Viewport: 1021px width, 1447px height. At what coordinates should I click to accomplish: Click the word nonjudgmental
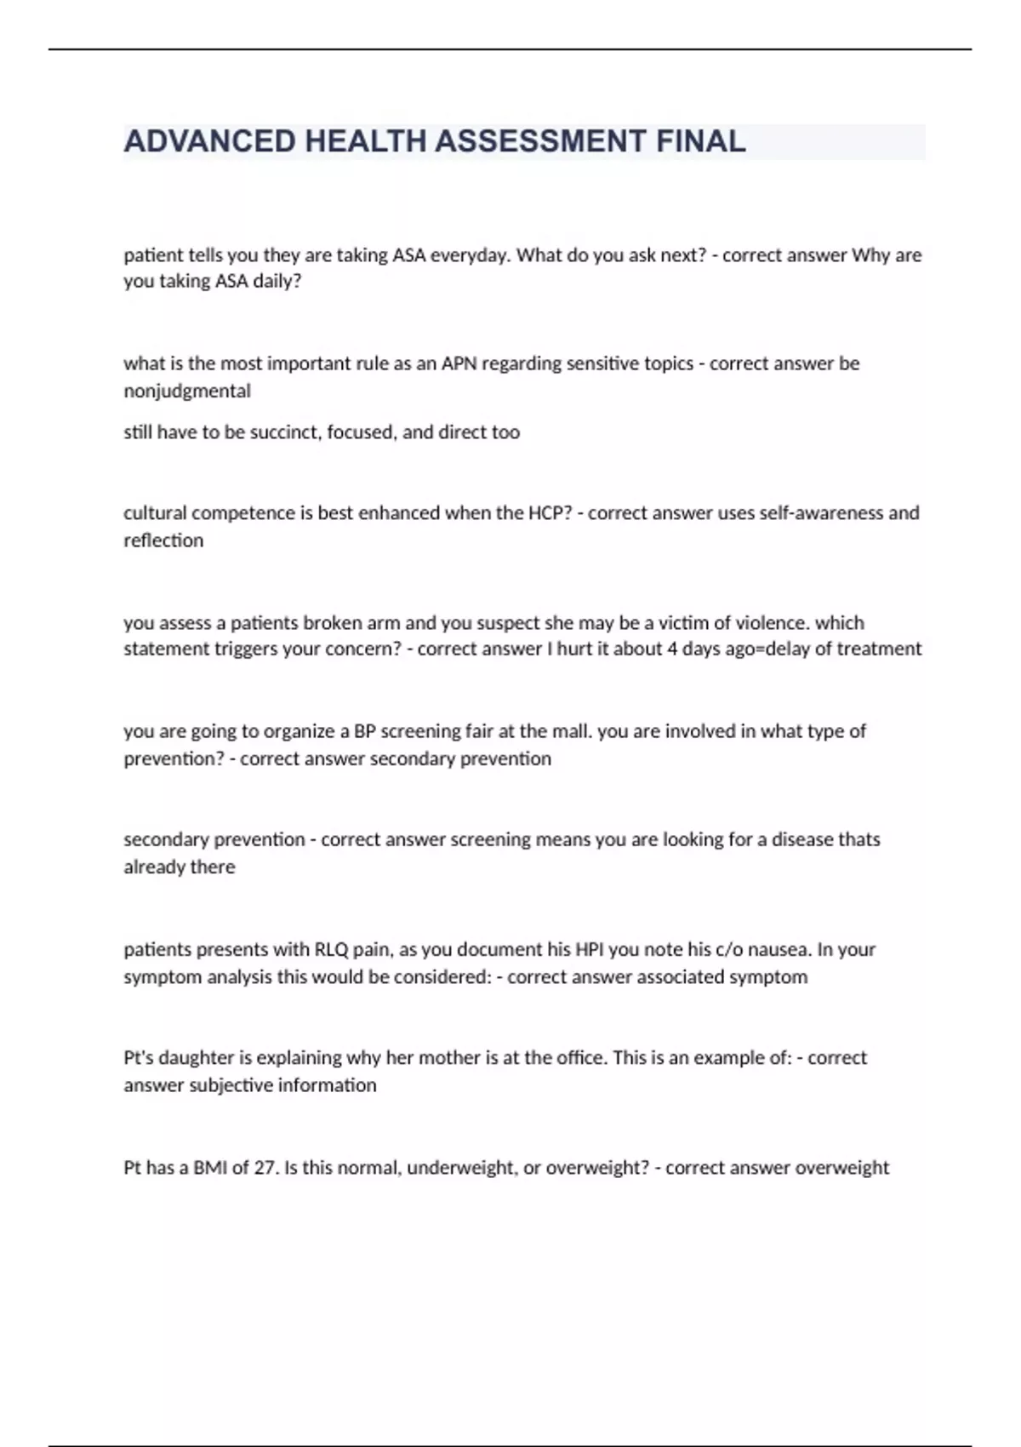click(x=187, y=391)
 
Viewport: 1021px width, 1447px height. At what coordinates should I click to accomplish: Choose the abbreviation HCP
click(x=544, y=513)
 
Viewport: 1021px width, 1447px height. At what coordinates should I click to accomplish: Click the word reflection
click(x=163, y=540)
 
